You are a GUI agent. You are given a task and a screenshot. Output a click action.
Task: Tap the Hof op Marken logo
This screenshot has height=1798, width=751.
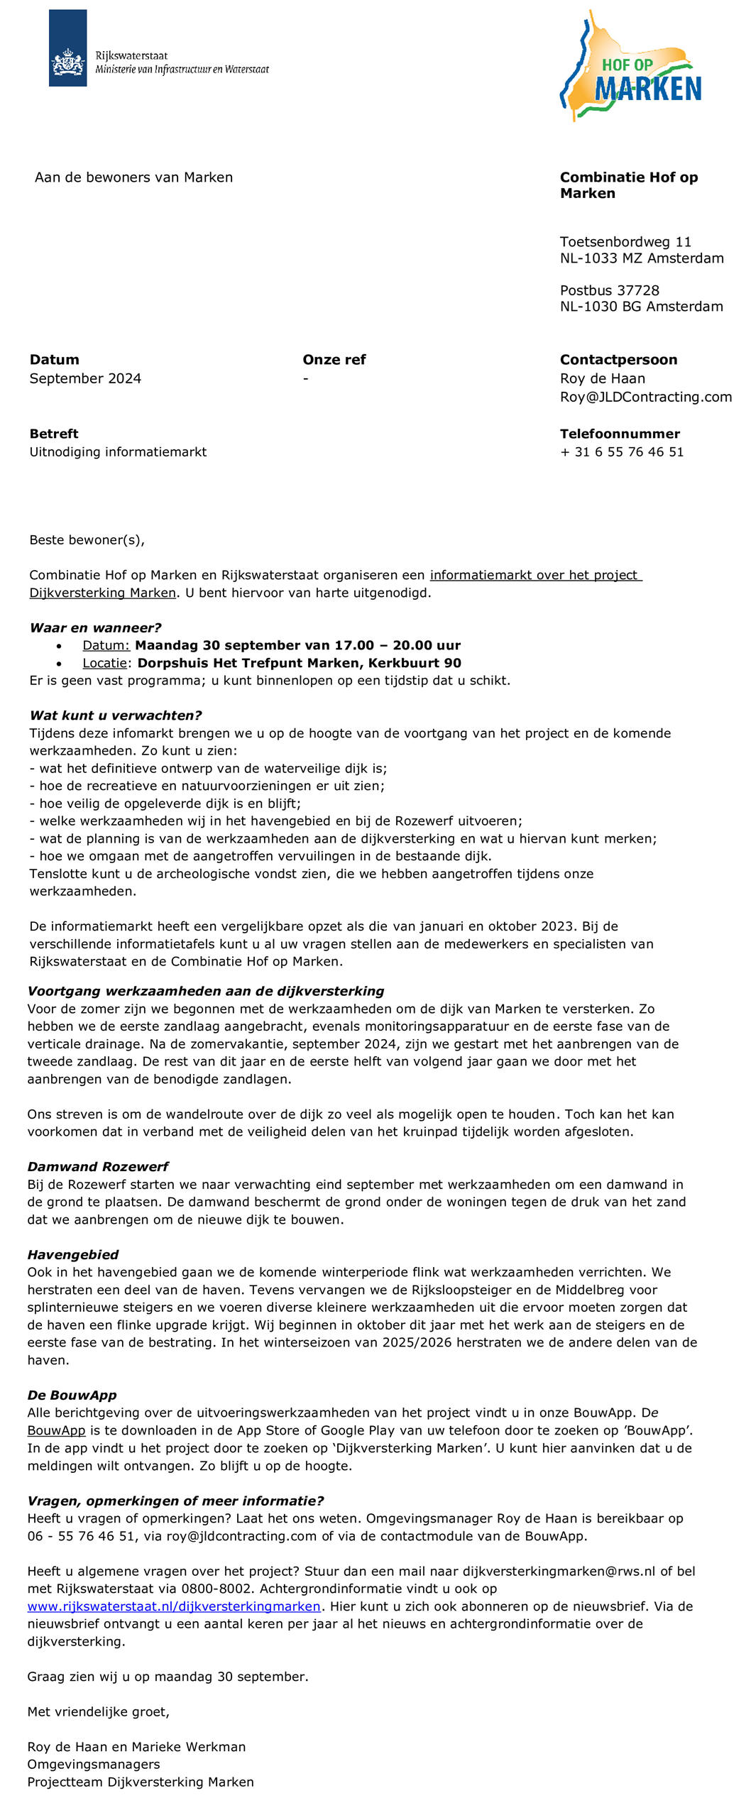tap(631, 67)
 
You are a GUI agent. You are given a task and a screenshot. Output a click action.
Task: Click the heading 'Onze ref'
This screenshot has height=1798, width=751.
tap(334, 360)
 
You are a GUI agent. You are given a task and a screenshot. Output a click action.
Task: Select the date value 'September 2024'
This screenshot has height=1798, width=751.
tap(85, 378)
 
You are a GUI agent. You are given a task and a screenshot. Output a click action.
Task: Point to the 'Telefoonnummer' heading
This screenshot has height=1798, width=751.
tap(620, 434)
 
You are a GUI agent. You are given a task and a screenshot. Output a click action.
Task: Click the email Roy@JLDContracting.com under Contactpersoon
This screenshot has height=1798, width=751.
tap(645, 397)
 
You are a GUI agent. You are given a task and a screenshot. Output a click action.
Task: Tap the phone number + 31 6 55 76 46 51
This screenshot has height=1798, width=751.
tap(622, 452)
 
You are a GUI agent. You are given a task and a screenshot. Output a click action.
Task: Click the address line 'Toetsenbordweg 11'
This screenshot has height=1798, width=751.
tap(625, 242)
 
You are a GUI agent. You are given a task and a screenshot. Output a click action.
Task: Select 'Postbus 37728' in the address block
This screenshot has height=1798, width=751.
tap(609, 290)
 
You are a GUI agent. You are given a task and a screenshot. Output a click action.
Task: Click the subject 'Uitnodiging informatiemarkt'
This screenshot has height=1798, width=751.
tap(118, 452)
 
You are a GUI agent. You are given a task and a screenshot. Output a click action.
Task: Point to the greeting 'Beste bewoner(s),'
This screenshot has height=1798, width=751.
tap(87, 540)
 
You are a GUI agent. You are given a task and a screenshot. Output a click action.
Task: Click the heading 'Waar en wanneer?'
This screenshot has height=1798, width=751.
tap(95, 627)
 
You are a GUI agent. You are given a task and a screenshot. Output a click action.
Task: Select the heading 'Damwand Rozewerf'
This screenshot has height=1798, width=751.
tap(98, 1166)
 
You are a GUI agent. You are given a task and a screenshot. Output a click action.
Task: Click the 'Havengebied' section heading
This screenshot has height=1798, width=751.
tap(72, 1254)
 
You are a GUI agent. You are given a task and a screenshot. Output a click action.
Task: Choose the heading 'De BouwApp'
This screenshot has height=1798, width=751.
tap(72, 1395)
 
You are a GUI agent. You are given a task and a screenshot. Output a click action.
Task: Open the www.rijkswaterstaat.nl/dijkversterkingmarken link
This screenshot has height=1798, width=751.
tap(174, 1606)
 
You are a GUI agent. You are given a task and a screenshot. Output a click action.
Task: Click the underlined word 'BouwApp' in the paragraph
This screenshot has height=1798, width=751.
tap(56, 1430)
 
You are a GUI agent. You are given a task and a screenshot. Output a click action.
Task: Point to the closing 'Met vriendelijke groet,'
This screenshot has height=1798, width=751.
tap(98, 1711)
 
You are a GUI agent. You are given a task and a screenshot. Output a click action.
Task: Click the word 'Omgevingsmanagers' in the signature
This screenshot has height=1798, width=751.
tap(94, 1764)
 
